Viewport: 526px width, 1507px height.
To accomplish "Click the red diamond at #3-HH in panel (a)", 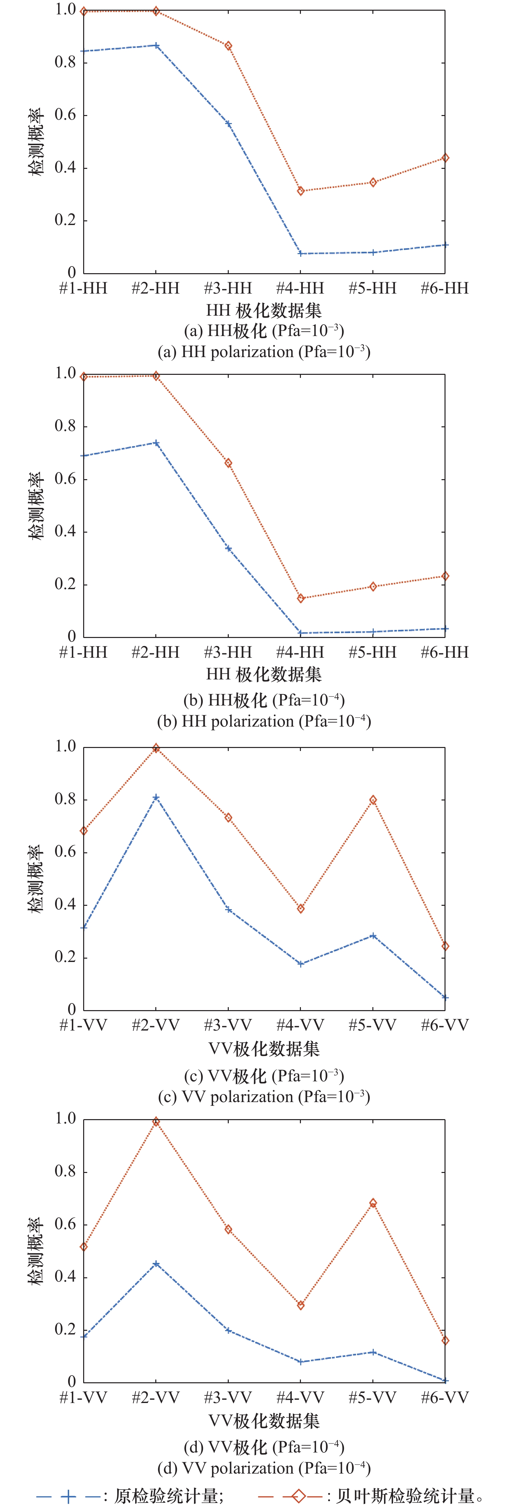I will pos(228,45).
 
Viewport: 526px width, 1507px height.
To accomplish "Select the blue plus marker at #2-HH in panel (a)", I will pos(156,45).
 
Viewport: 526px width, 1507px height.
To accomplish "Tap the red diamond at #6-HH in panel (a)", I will pos(445,158).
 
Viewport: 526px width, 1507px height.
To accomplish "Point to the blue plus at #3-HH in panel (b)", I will pos(228,549).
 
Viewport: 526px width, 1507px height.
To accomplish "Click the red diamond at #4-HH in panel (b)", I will pos(301,599).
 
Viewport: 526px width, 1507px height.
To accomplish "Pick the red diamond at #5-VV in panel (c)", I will pos(373,800).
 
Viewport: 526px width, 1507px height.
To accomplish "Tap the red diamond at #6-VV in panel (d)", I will pos(445,1340).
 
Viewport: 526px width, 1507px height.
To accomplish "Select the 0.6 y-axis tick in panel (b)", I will pos(65,479).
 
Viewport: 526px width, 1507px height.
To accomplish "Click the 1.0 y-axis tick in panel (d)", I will pos(65,1118).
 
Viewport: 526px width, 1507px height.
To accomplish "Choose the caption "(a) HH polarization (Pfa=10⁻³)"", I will pos(264,352).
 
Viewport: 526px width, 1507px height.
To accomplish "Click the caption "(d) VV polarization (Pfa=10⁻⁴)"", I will pos(264,1468).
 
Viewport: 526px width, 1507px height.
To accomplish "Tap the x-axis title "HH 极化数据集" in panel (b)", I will pos(264,674).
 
